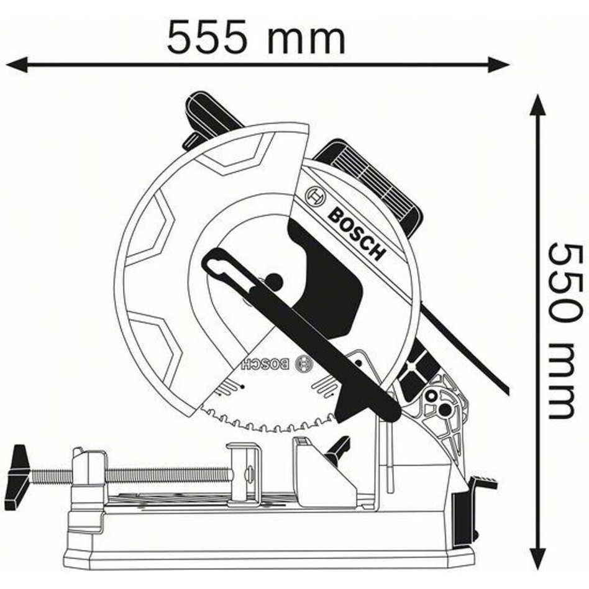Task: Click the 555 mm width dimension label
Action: pyautogui.click(x=256, y=36)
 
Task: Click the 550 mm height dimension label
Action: pyautogui.click(x=562, y=331)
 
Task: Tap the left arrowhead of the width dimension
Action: pyautogui.click(x=17, y=65)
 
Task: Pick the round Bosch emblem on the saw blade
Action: pyautogui.click(x=304, y=364)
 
